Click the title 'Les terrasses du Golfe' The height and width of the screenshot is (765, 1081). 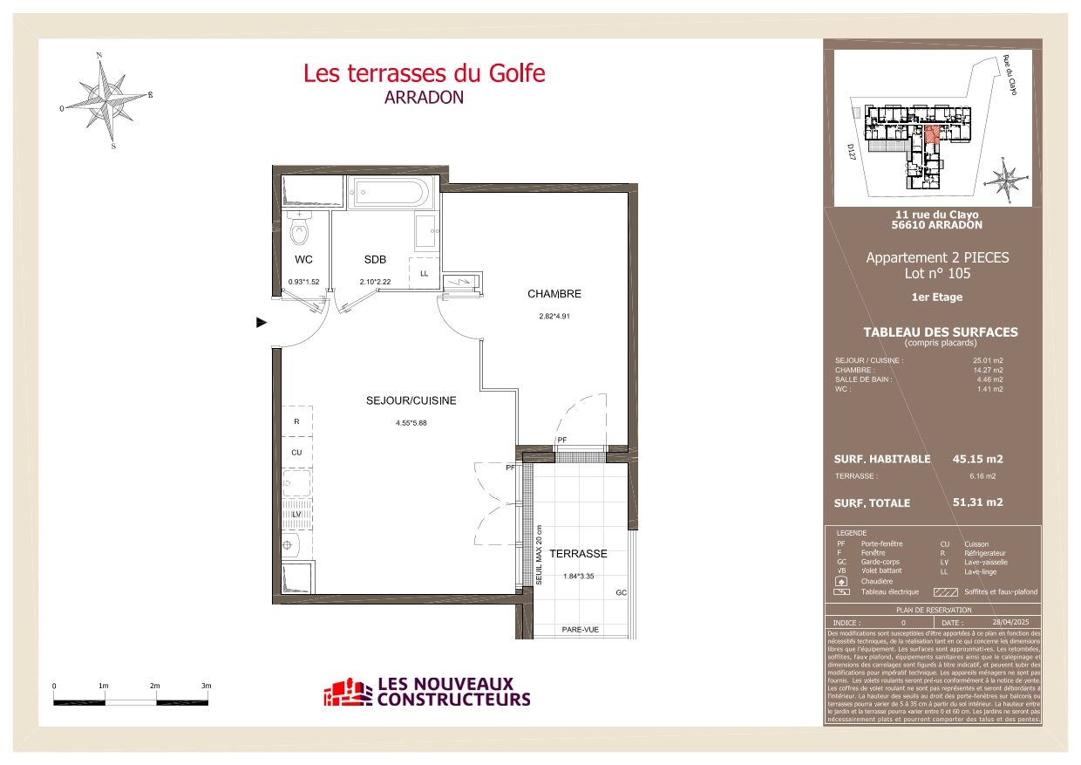coord(424,73)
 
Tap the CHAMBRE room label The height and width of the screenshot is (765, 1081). coord(553,294)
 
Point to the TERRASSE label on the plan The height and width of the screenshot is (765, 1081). coord(578,554)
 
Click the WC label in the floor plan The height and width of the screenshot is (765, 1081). coord(303,260)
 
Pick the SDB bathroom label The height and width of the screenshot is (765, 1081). coord(375,260)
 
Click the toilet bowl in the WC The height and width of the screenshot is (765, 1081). coord(300,233)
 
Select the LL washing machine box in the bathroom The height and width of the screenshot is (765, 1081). coord(425,273)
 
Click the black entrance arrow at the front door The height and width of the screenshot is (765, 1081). coord(260,323)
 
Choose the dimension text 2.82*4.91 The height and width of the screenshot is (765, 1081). coord(553,317)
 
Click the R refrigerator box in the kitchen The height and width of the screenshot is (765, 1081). coord(296,421)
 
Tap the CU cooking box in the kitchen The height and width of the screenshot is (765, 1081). coord(296,453)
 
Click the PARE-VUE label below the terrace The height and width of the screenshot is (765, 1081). coord(579,630)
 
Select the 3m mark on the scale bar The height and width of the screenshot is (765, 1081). coord(206,686)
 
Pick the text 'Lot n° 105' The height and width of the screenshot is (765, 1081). coord(937,273)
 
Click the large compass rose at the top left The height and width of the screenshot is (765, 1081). coord(107,98)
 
